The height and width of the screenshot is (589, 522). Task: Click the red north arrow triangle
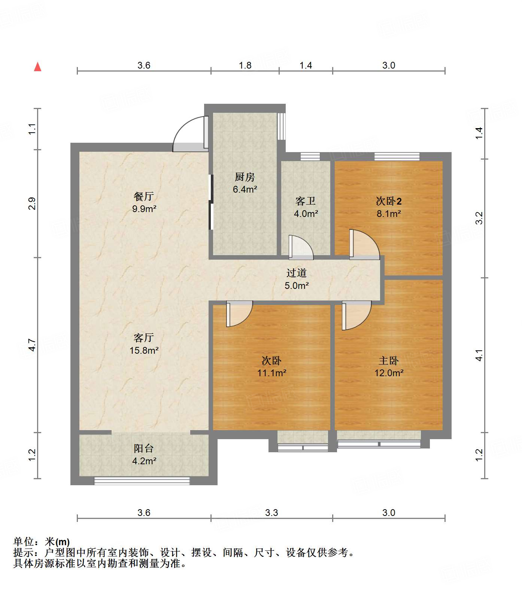click(37, 67)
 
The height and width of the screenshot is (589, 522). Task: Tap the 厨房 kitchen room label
click(245, 176)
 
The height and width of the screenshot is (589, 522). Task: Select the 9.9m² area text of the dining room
click(144, 209)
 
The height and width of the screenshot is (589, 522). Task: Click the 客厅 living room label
click(144, 338)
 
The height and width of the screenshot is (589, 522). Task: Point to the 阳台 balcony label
click(144, 448)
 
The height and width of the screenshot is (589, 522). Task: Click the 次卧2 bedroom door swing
click(363, 245)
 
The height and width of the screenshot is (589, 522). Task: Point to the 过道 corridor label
click(297, 273)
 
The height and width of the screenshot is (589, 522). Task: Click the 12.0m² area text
click(389, 373)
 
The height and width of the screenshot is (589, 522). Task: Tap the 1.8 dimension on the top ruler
click(245, 65)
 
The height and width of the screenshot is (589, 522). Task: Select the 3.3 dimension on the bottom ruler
click(271, 513)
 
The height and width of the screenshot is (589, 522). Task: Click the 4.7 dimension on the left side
click(32, 345)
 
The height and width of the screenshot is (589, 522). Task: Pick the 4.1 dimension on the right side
click(479, 355)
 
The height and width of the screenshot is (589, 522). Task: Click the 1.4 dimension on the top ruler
click(306, 65)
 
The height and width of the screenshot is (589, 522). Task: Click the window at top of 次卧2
click(397, 157)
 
